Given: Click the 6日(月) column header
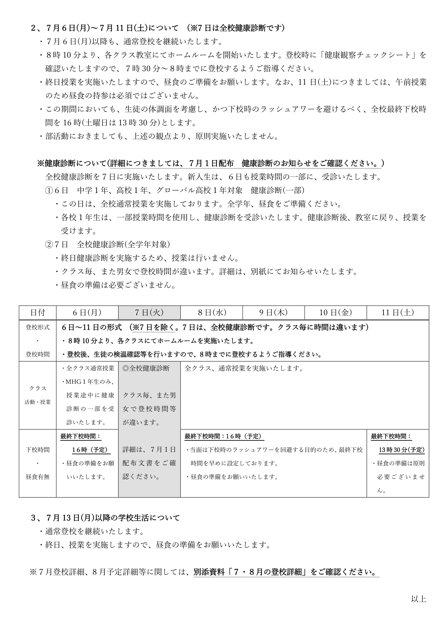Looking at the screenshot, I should pos(87,312).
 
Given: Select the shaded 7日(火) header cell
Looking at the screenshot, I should pos(149,312).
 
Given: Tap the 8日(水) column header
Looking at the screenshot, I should pos(212,312).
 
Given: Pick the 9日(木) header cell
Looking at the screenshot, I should pos(274,312).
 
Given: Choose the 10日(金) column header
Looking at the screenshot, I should pos(336,312).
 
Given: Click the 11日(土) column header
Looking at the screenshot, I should pos(398,312).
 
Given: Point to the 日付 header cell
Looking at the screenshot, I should pos(38,312).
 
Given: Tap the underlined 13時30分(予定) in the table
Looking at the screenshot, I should pos(402,450).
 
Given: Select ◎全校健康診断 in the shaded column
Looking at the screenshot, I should pos(146,368).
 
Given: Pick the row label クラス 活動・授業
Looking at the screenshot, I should pos(38,395).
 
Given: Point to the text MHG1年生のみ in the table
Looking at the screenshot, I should pos(90,382).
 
